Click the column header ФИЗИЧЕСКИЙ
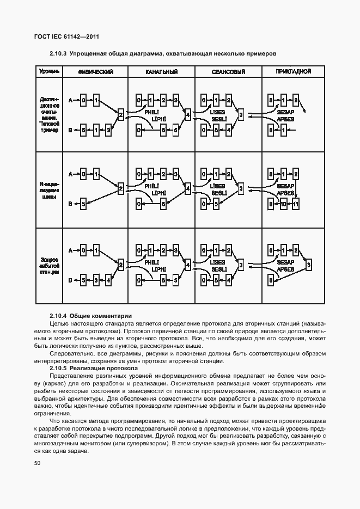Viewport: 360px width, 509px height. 95,72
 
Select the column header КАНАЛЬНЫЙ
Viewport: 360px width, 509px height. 162,72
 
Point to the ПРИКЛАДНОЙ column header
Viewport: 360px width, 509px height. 293,72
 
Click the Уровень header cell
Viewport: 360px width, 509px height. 48,72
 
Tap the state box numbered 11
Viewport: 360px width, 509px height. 296,204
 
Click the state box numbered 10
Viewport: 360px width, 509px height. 283,204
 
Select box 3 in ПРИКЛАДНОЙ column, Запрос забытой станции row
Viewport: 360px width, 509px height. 309,265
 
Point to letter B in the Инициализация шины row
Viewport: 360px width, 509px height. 70,205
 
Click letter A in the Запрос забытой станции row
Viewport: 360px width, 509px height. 70,250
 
